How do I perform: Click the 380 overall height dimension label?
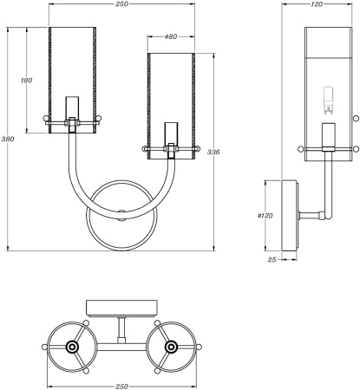pos(8,139)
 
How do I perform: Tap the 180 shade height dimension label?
pos(27,81)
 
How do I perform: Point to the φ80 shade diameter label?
pos(170,37)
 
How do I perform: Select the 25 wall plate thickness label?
pos(272,258)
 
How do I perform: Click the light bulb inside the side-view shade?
pos(329,100)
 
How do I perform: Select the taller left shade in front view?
pos(72,78)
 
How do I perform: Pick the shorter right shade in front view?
pos(170,100)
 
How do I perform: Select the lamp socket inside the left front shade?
pos(72,108)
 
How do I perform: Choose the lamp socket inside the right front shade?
pos(170,134)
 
